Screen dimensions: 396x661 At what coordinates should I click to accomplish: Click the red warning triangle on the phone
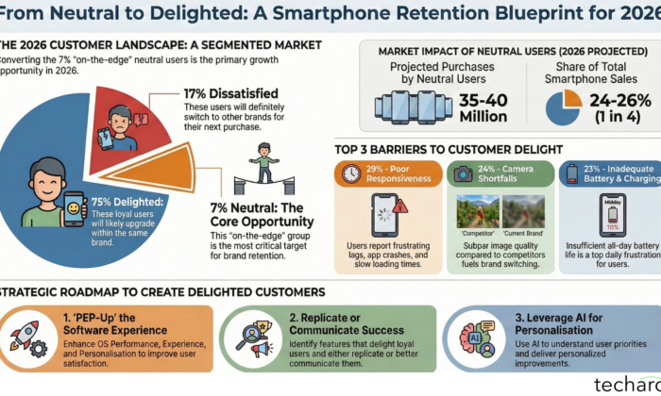click(400, 206)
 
